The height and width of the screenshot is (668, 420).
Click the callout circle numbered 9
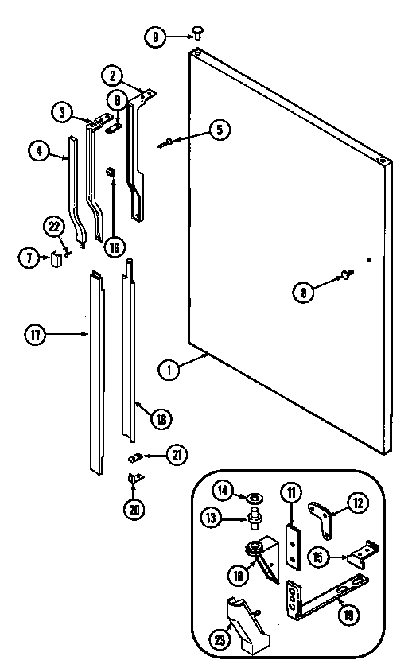click(155, 35)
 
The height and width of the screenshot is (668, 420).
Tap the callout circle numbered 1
click(168, 368)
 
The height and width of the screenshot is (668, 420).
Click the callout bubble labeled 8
click(303, 291)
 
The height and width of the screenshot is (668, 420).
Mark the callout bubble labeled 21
click(177, 455)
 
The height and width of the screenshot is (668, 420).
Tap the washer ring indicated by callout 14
click(255, 498)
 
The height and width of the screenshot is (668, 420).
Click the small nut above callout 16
click(113, 171)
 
